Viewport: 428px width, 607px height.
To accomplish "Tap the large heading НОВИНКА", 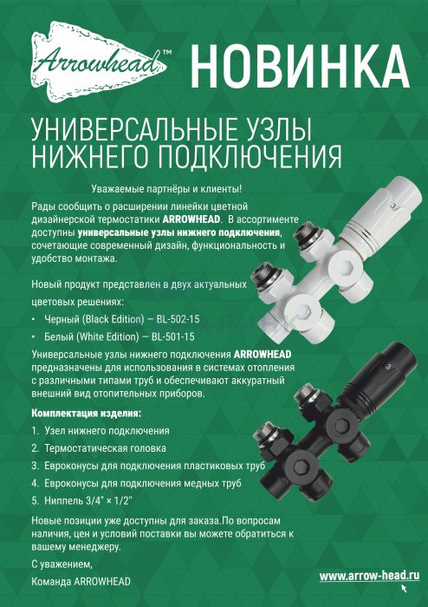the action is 300,66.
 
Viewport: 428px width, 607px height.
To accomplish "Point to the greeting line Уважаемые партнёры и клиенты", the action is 166,189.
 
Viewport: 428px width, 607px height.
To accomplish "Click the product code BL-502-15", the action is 178,319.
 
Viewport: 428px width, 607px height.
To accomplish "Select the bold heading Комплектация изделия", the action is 87,414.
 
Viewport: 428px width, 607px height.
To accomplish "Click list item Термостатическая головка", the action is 105,448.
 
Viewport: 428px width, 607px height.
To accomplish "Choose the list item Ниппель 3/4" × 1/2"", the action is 88,500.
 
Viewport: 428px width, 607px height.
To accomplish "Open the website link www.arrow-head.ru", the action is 369,576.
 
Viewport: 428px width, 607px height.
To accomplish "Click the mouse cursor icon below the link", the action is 405,589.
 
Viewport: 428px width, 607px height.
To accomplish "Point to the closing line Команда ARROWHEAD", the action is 81,582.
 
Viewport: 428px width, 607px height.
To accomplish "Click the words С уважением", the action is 62,565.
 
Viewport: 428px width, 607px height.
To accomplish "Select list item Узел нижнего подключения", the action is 107,431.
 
